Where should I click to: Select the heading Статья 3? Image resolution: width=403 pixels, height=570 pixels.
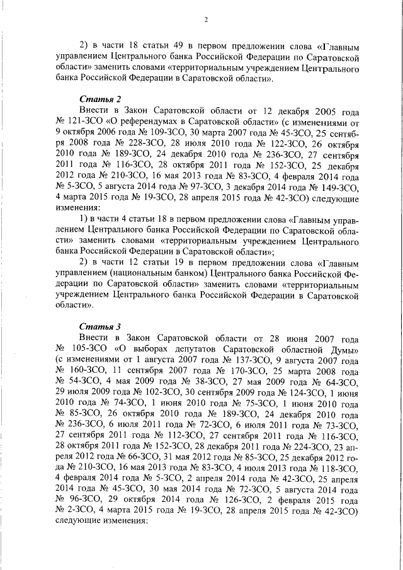click(100, 326)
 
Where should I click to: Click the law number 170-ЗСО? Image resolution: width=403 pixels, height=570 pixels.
click(252, 371)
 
